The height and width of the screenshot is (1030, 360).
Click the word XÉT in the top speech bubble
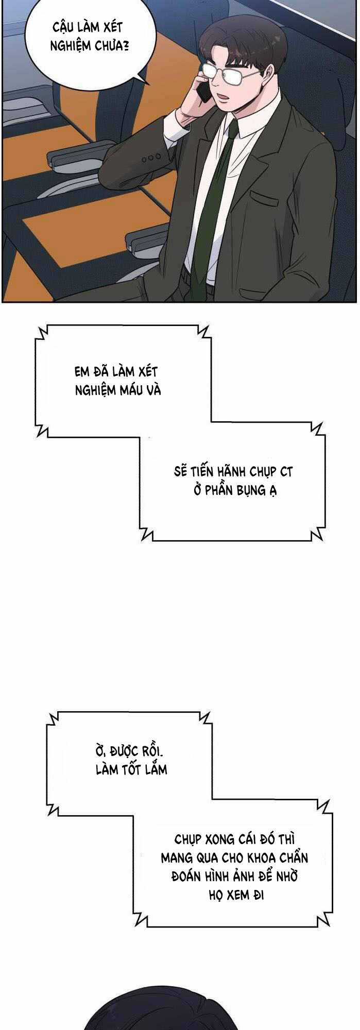point(113,27)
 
